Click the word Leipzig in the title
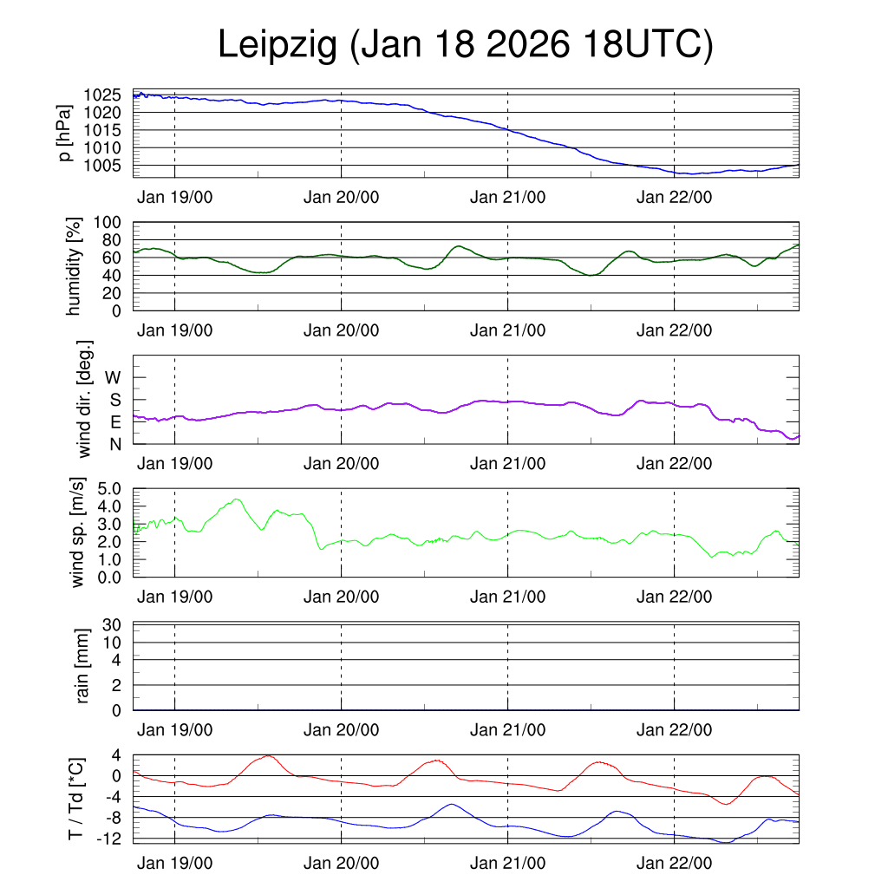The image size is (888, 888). (x=277, y=45)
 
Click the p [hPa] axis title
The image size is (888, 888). (x=64, y=134)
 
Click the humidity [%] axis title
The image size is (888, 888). (x=75, y=266)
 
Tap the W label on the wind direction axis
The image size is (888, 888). (x=113, y=377)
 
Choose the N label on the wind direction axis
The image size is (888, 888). (x=114, y=444)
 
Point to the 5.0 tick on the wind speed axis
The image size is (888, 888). (x=108, y=488)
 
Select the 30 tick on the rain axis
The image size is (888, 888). (x=113, y=625)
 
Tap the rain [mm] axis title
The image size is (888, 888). (x=83, y=667)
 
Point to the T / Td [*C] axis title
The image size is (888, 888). (x=76, y=799)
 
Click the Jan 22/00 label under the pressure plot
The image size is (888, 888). (x=674, y=197)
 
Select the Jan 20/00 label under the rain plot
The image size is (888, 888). (x=341, y=730)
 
